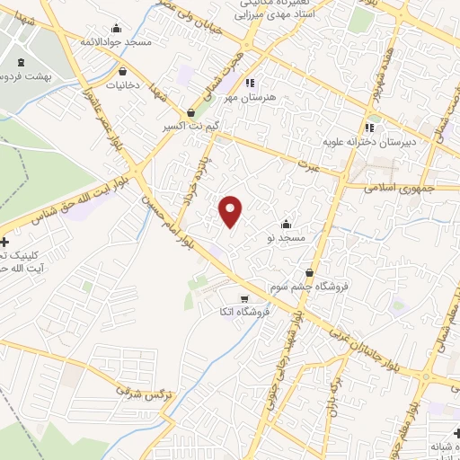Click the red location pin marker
[231, 211]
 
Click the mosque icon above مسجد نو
[287, 224]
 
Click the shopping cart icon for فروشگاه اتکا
[243, 298]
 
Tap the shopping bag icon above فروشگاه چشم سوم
[310, 273]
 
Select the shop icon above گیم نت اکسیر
[191, 113]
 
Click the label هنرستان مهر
[259, 96]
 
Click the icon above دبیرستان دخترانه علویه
[369, 128]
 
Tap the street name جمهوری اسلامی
[400, 188]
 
